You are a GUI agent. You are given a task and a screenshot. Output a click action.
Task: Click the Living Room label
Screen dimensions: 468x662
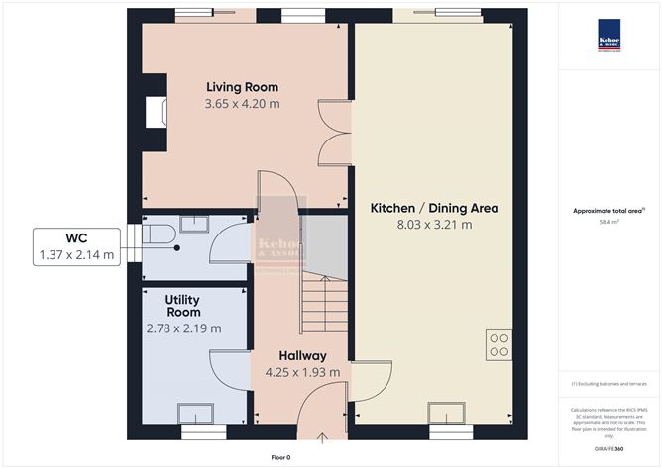point(242,86)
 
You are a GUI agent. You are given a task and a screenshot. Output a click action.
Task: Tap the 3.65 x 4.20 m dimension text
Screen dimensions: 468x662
point(242,103)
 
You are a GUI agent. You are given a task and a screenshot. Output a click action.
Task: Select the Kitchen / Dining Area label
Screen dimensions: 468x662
point(434,208)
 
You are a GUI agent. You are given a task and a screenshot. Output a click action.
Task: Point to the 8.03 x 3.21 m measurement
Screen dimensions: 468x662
point(434,225)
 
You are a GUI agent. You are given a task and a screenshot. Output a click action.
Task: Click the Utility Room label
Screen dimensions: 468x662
point(183,304)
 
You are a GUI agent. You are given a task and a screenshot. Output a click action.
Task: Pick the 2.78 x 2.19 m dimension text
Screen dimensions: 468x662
point(183,328)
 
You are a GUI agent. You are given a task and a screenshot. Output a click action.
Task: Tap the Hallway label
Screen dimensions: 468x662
point(302,355)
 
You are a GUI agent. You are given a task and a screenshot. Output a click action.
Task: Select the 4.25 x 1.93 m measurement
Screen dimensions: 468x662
point(302,372)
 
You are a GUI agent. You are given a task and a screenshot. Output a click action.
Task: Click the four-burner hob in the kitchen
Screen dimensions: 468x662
point(498,342)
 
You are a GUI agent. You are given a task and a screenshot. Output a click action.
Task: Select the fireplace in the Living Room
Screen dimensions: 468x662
point(155,111)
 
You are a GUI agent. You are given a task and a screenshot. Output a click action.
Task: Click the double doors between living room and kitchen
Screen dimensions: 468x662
point(334,133)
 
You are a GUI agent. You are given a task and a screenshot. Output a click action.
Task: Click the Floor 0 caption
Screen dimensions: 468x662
point(282,457)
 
